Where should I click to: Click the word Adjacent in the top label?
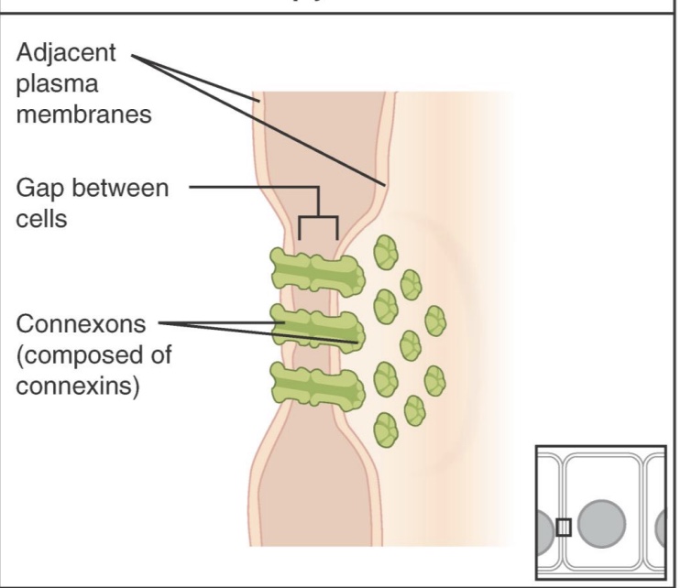coord(67,52)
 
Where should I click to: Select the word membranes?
coord(83,115)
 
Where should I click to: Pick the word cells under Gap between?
coord(41,220)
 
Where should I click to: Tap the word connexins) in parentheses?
coord(78,387)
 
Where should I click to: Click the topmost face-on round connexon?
coord(386,251)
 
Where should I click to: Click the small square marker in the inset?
coord(563,527)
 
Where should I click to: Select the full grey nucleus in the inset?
coord(602,522)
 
